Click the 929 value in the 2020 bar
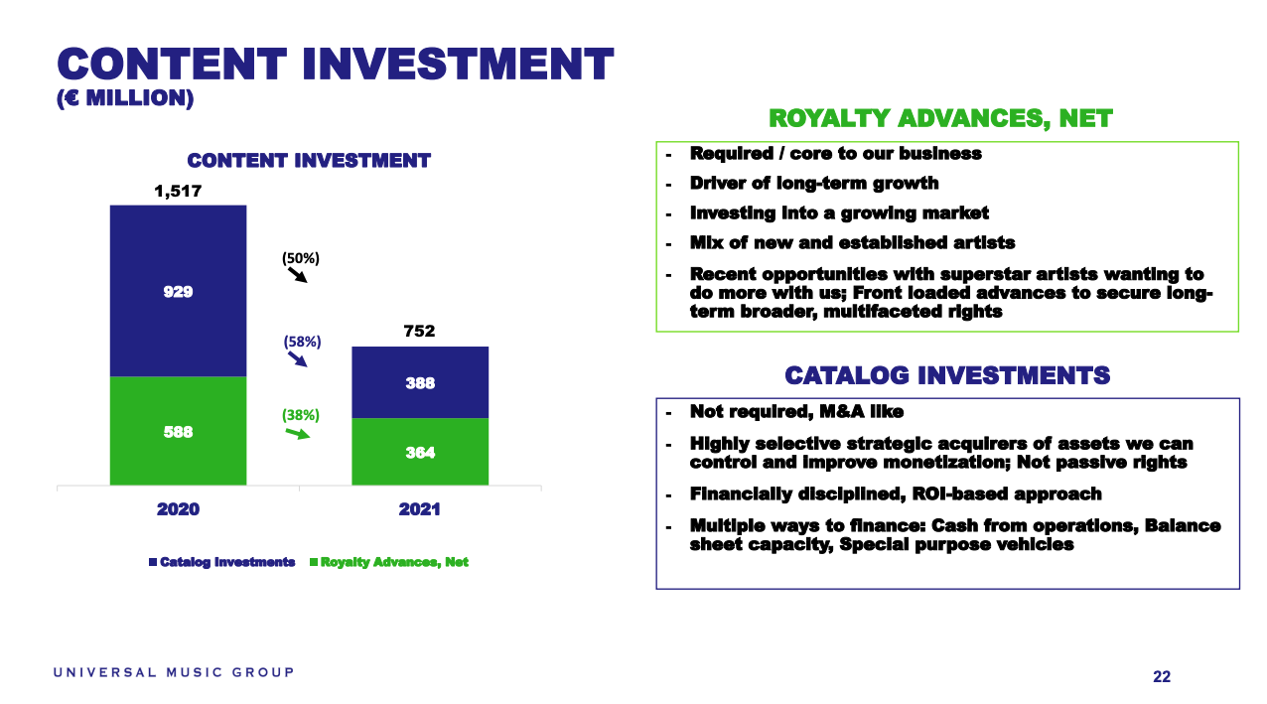[178, 292]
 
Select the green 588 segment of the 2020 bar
[178, 431]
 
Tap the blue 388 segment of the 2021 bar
[420, 382]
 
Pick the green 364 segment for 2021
[420, 452]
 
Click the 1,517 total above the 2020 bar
[178, 191]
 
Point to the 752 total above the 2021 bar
[420, 331]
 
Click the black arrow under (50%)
[298, 275]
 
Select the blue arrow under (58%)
[298, 359]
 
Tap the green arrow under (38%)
[298, 434]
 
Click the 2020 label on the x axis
[178, 509]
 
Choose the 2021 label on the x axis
[420, 509]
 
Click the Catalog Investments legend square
[153, 562]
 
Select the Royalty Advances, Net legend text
[394, 562]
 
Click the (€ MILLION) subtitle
[125, 98]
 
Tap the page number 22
[1162, 676]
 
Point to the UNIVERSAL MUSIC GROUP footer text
[174, 672]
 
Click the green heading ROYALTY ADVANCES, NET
[940, 119]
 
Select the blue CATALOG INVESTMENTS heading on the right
[947, 375]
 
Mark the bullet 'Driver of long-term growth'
[814, 184]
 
